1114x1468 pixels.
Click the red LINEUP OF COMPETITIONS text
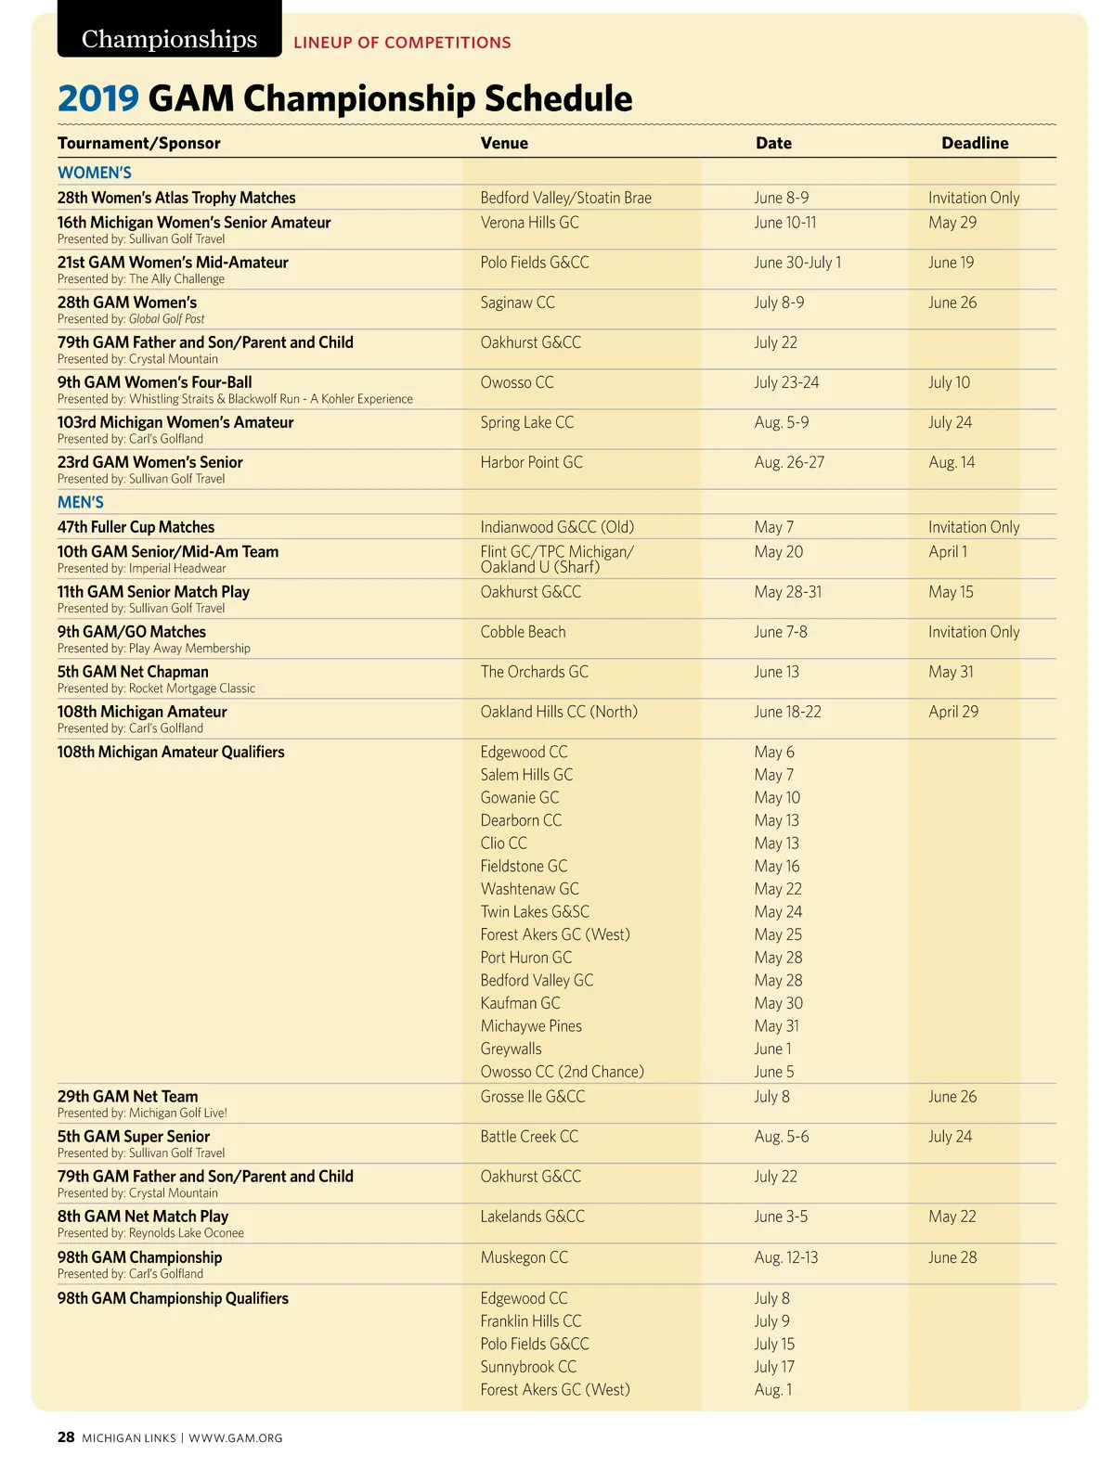click(x=402, y=43)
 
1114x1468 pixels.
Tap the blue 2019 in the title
click(x=97, y=98)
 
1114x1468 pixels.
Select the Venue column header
click(x=504, y=143)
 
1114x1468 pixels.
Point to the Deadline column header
click(x=975, y=143)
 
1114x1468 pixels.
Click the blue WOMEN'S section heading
click(x=95, y=173)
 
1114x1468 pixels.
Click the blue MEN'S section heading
click(x=81, y=502)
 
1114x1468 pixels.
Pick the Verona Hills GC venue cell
click(x=529, y=223)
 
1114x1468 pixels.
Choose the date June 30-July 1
click(x=797, y=263)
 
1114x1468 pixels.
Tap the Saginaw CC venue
click(x=517, y=303)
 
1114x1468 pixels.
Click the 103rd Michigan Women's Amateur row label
click(x=175, y=422)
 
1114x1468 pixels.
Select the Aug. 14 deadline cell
click(x=952, y=462)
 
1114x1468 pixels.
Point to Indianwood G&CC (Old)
click(x=557, y=527)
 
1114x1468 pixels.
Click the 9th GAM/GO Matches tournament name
click(x=132, y=632)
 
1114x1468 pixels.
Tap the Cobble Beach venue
click(x=523, y=632)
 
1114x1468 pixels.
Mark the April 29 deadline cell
click(x=953, y=712)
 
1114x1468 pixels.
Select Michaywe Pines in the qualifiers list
click(x=531, y=1026)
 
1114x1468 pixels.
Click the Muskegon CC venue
click(x=524, y=1257)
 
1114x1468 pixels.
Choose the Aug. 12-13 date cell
click(x=786, y=1257)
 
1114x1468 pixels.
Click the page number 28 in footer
click(x=66, y=1437)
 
